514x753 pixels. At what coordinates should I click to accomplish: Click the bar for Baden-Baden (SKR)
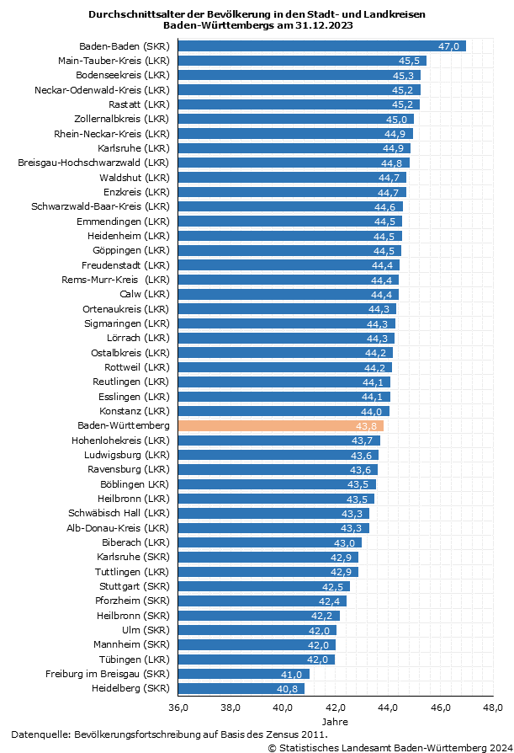point(320,45)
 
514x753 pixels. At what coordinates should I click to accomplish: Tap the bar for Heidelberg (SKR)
point(240,688)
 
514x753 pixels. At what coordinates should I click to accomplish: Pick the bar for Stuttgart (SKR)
point(262,586)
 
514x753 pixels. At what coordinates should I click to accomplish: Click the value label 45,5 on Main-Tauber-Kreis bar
point(410,61)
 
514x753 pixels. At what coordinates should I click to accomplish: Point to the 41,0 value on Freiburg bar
point(291,674)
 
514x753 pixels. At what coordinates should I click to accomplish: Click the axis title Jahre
point(336,722)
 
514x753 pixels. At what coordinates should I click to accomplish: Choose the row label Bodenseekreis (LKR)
point(124,75)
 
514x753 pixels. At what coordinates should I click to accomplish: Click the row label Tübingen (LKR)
point(132,659)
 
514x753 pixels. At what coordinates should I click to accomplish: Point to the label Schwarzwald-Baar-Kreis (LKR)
point(100,206)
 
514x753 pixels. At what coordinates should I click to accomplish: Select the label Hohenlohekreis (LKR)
point(120,441)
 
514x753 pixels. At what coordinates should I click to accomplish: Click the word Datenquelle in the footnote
point(40,734)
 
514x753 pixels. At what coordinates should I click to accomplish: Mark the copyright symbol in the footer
point(272,747)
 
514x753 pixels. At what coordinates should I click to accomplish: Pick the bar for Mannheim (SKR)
point(257,644)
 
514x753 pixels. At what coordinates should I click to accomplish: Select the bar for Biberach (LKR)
point(269,542)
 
